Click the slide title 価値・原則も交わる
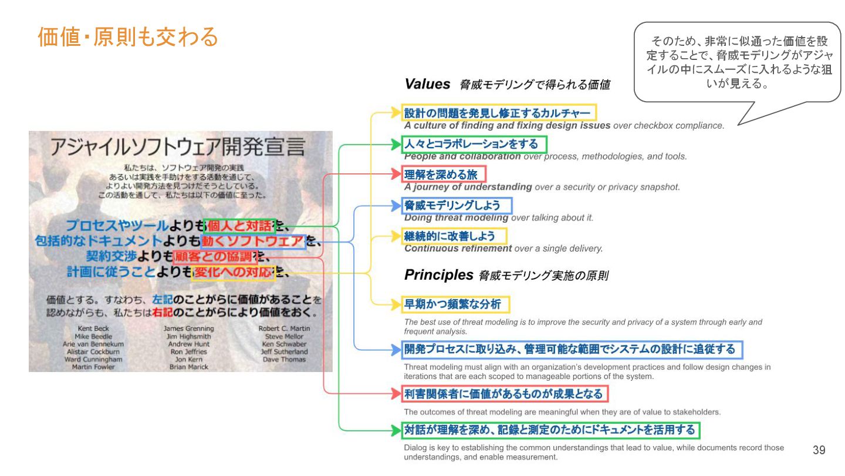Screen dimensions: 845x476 coord(128,37)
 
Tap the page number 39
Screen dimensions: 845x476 coord(819,450)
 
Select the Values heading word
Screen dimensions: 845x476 coord(427,84)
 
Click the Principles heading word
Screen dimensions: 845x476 coord(438,274)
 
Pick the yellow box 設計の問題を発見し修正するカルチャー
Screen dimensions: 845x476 coord(499,113)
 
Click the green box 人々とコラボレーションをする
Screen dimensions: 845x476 coord(474,144)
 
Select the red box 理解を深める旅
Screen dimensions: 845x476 coord(444,175)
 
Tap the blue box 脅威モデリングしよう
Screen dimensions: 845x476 coord(457,205)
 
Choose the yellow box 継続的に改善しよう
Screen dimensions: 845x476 coord(454,236)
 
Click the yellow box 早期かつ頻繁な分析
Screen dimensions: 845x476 coord(456,304)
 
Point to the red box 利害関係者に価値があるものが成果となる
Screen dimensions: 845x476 coord(505,393)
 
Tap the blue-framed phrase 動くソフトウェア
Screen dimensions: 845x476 coord(253,242)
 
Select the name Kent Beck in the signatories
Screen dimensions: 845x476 coord(93,328)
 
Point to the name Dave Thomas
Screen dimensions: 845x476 coord(284,359)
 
